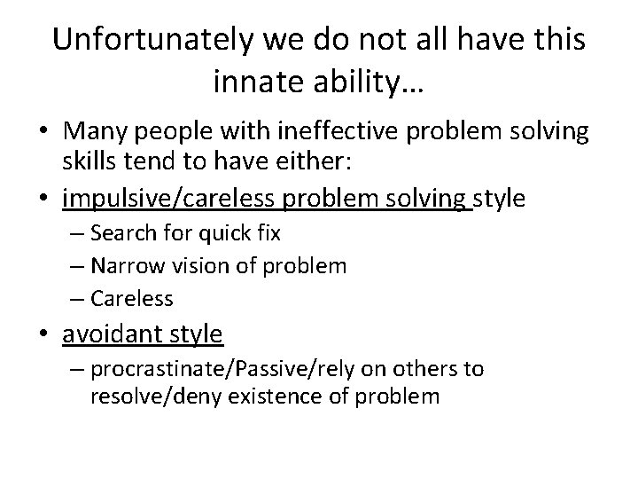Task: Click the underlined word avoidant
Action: tap(107, 334)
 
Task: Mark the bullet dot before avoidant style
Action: tap(44, 335)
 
